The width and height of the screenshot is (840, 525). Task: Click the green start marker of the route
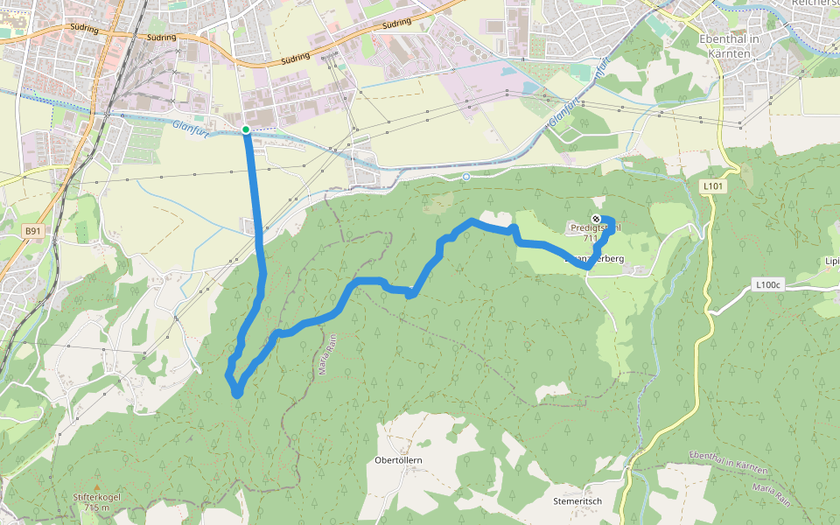click(246, 130)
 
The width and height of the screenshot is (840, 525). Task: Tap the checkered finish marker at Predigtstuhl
click(596, 218)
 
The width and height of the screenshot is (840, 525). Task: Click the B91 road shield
click(32, 231)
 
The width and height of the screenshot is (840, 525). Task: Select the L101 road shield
click(714, 186)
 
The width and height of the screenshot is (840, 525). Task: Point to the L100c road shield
click(766, 284)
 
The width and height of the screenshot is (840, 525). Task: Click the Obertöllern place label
click(398, 460)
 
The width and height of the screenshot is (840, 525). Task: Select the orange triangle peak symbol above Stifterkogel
click(96, 487)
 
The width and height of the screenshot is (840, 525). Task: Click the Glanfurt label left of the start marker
click(191, 126)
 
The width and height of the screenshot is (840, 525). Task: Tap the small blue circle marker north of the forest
click(466, 177)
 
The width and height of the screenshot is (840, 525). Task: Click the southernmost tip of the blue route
click(237, 395)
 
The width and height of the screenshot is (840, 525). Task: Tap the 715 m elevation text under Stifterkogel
click(96, 507)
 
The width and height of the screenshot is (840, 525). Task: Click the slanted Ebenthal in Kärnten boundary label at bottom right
click(728, 462)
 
